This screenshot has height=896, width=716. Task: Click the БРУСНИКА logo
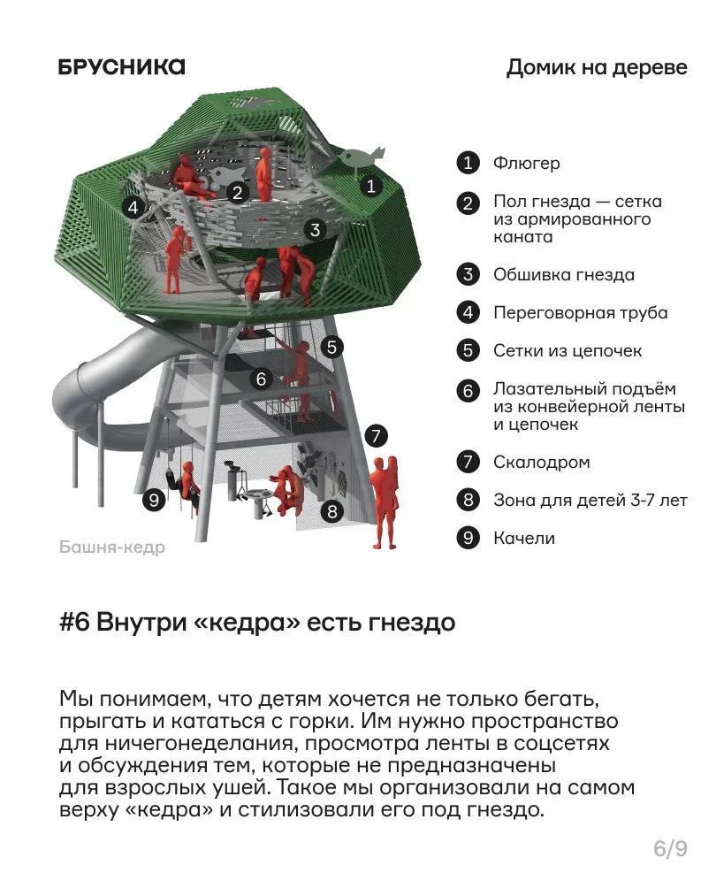coord(122,67)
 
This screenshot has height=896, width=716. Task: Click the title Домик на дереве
coord(597,68)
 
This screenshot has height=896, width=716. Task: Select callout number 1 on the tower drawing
coord(371,186)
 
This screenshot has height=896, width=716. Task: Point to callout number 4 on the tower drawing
coord(133,207)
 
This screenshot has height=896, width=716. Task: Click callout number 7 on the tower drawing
coord(376,436)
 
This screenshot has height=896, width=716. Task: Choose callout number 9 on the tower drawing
coord(154,501)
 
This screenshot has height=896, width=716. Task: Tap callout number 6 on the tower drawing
coord(261,379)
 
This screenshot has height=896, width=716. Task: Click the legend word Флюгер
coord(527,164)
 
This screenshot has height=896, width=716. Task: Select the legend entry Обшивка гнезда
coord(564,275)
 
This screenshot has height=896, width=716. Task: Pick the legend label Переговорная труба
coord(581,312)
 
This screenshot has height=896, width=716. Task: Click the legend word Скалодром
coord(542,463)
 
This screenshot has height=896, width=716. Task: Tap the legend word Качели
coord(524,539)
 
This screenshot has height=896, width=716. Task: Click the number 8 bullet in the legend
coord(468,500)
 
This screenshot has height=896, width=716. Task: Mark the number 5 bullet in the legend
coord(468,350)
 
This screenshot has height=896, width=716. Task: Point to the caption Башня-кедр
coord(112,548)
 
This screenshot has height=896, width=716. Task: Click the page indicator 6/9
coord(670,849)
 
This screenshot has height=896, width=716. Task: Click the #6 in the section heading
coord(75,622)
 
